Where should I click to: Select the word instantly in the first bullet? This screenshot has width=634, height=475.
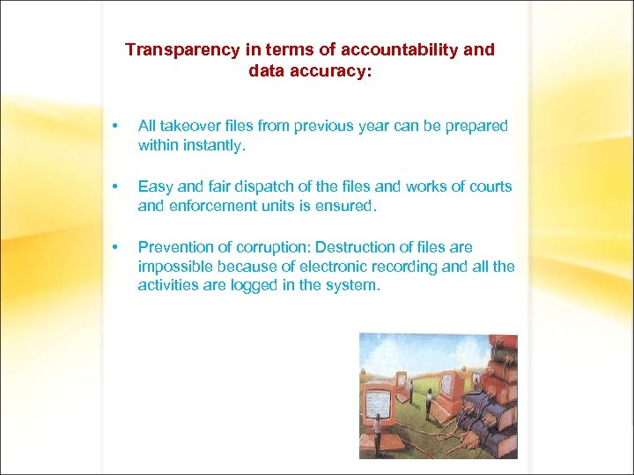click(x=215, y=145)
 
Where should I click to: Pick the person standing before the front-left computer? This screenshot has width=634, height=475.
click(x=377, y=436)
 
